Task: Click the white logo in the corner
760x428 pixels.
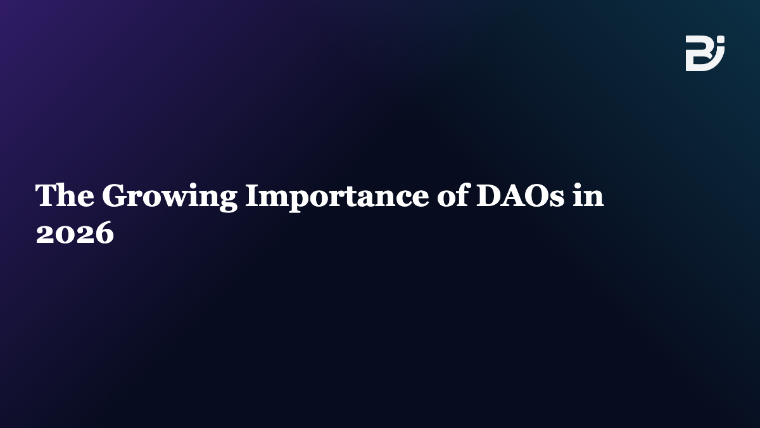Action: tap(705, 53)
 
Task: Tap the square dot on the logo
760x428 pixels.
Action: tap(721, 39)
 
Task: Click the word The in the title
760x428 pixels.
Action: tap(65, 195)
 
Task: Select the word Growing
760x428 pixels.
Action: tap(170, 198)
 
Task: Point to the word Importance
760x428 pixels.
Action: tap(337, 198)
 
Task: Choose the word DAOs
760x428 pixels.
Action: tap(521, 195)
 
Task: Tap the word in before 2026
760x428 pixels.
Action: tap(588, 195)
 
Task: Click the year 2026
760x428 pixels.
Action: tap(75, 232)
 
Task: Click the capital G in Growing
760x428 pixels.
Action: tap(115, 195)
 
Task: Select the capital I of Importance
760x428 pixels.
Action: tap(253, 195)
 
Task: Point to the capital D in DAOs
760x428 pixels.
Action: tap(489, 195)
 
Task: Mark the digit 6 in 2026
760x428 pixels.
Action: tap(104, 232)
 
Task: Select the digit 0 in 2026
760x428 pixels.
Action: tap(65, 232)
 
